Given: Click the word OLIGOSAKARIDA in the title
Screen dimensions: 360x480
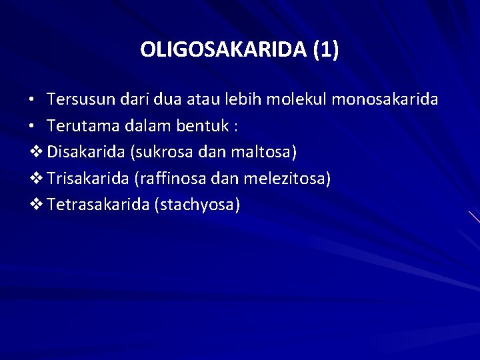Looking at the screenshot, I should click(223, 50).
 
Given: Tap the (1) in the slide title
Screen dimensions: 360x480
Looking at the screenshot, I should click(325, 50).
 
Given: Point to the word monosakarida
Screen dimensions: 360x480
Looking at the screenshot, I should click(385, 99).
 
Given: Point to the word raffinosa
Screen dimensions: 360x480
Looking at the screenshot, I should click(171, 178).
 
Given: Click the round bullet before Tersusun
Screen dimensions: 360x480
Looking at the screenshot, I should click(32, 101).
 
